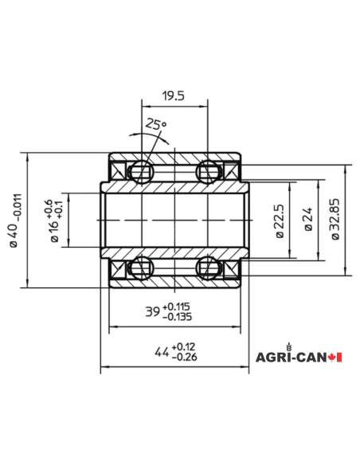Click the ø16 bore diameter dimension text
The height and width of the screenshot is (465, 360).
pos(54,220)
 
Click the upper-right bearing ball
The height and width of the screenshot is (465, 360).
pos(209,170)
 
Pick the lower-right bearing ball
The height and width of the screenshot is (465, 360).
pos(209,266)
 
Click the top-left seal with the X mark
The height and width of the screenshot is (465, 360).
pos(116,170)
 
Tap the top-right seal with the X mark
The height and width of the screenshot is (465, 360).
pos(233,170)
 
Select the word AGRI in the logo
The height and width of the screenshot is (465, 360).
pos(269,358)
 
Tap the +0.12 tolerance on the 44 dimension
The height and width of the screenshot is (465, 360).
pos(184,346)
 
